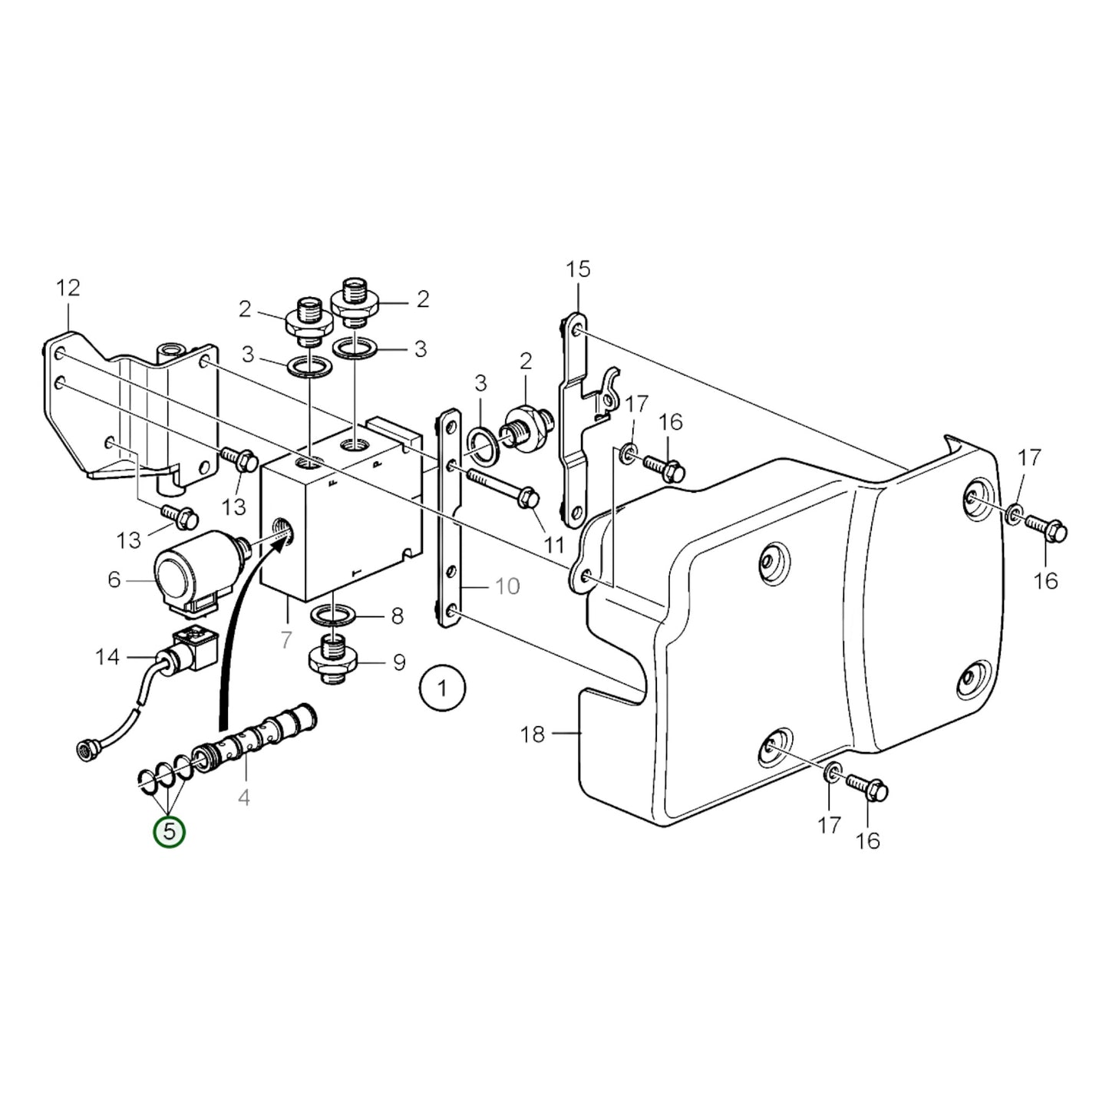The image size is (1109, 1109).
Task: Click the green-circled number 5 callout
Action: coord(170,832)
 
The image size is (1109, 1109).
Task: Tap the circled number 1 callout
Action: coord(442,688)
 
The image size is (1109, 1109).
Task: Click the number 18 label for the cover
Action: coord(532,734)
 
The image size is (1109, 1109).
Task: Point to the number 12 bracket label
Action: coord(68,289)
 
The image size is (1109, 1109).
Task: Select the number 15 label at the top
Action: coord(579,269)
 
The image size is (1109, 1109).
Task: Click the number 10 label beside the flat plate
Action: coord(507,587)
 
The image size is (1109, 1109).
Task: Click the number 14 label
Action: coord(107,657)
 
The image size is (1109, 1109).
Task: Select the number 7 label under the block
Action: coord(287,639)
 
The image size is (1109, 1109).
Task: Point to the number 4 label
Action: coord(243,797)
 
